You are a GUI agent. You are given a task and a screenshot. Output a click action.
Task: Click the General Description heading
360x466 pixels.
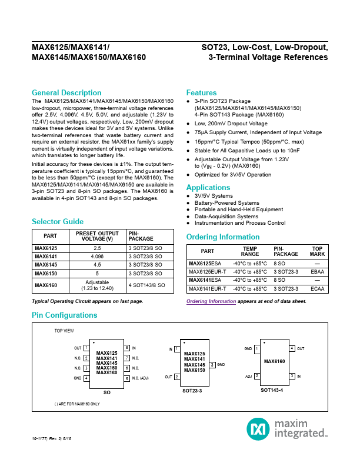pos(66,93)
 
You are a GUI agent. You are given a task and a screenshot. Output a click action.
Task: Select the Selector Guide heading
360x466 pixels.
pos(57,222)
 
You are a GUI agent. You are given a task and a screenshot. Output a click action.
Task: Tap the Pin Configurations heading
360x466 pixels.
pos(64,315)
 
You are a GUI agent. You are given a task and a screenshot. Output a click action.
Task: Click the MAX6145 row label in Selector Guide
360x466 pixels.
pos(46,265)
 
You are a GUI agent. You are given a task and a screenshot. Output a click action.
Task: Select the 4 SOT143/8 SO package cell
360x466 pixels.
pos(146,285)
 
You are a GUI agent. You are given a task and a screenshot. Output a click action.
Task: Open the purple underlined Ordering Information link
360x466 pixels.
pos(211,301)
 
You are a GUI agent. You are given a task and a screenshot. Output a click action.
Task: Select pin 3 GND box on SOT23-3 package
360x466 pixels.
pos(212,365)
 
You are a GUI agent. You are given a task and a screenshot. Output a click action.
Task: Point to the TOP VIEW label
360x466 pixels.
pos(64,331)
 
